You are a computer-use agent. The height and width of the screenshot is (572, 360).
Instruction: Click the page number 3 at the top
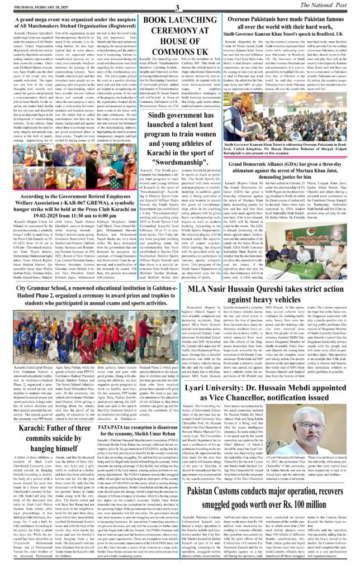coord(177,6)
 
